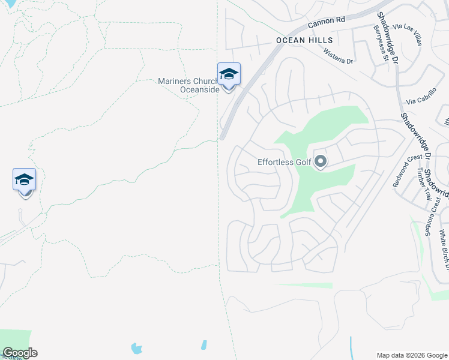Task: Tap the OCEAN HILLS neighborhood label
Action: [x=304, y=40]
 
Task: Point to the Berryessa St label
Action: [x=379, y=43]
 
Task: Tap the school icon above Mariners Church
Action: [x=229, y=74]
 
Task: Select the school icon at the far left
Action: [x=25, y=179]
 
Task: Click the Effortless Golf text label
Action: [x=284, y=161]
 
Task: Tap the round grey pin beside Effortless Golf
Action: [x=321, y=161]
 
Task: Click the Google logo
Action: [x=20, y=353]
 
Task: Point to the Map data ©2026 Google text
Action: [x=411, y=355]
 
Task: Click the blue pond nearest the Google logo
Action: [x=137, y=347]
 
